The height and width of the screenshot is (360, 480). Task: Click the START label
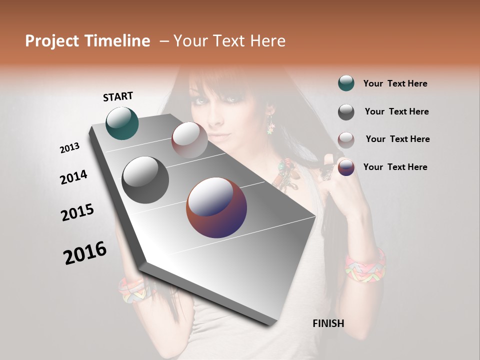pos(118,96)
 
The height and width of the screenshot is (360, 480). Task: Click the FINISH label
pos(328,323)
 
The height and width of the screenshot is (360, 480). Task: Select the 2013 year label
pos(69,148)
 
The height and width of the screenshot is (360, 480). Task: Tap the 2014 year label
pos(73,177)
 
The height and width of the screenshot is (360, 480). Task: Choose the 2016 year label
pos(85,253)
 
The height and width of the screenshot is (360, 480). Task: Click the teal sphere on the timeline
pos(122,123)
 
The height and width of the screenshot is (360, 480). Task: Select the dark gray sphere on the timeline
pos(145,180)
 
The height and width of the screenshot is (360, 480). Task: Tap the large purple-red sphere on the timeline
pos(216,207)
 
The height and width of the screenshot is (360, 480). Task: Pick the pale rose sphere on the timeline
pos(189,140)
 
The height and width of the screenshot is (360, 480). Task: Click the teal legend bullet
pos(346,83)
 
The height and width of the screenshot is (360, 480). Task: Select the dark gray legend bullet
pos(346,112)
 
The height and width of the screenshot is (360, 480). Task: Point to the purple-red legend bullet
pos(346,167)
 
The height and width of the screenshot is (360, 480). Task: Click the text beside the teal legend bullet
pos(395,83)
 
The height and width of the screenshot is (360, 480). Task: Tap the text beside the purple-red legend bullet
pos(395,167)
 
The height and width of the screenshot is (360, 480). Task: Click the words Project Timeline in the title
pos(87,41)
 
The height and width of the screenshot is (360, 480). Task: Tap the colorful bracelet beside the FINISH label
pos(365,264)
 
